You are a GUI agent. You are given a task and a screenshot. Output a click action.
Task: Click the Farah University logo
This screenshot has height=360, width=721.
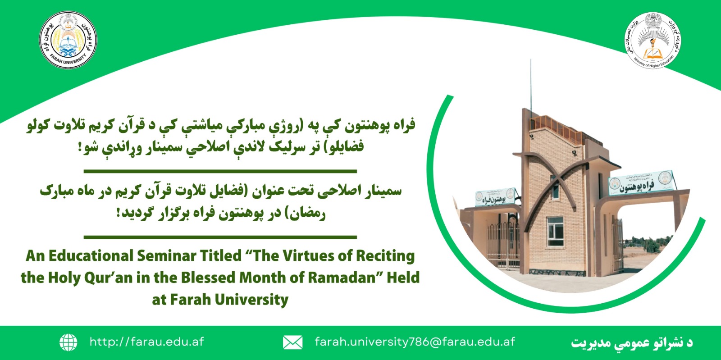click(x=68, y=40)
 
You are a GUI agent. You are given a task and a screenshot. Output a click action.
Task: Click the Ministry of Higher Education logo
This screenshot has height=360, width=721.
click(x=652, y=40)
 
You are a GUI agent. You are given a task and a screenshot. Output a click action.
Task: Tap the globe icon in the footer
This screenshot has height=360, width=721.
click(x=68, y=342)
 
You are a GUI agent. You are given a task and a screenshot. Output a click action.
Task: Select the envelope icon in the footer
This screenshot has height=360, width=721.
click(x=292, y=342)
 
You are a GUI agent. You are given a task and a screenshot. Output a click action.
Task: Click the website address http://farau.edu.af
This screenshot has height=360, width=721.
click(x=146, y=342)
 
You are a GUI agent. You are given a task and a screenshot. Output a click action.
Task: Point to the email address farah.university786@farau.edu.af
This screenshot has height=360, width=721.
click(x=415, y=342)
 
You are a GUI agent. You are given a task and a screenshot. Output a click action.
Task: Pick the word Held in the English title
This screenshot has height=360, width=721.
click(x=403, y=278)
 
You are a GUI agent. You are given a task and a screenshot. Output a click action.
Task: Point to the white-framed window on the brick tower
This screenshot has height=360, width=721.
click(x=555, y=231)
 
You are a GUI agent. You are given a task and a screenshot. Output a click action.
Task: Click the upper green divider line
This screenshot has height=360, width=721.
click(x=220, y=171)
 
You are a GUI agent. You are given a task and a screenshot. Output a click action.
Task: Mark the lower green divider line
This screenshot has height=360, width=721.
click(x=220, y=237)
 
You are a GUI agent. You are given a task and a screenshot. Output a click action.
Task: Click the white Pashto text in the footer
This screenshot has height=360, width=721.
click(x=632, y=343)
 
